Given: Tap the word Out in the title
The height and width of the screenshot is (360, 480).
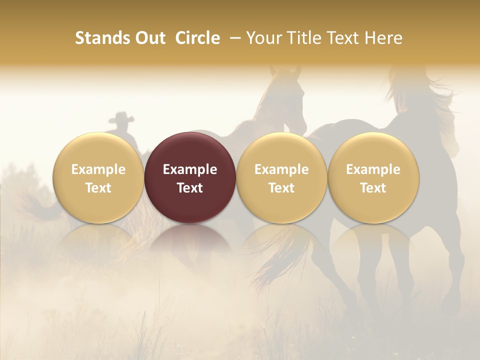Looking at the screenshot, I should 148,38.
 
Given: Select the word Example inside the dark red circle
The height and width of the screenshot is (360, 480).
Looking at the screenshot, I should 190,169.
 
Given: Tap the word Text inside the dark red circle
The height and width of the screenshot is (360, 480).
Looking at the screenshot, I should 190,188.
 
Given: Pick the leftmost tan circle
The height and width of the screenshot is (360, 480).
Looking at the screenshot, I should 98,177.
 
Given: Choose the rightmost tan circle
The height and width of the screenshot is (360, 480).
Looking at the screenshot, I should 373,177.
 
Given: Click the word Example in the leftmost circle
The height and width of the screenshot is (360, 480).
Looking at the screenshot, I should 98,169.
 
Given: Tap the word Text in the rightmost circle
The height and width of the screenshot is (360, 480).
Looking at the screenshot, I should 373,188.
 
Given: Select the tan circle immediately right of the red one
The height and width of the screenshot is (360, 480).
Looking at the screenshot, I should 281,177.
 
